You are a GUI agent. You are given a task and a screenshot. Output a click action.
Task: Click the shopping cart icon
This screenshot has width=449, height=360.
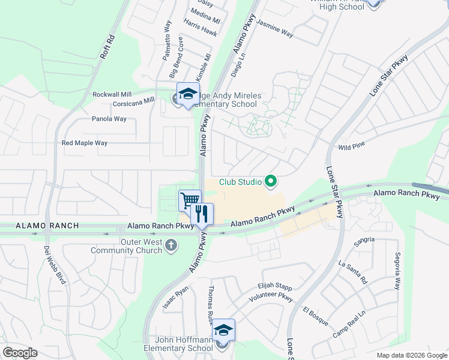[x=190, y=199]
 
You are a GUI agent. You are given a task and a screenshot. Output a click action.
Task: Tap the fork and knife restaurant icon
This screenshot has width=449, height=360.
[x=202, y=212]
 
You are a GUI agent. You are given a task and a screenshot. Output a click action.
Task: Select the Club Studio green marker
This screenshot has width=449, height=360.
[x=271, y=181]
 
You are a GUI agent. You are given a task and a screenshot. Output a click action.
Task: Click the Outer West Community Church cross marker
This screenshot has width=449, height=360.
[x=172, y=245]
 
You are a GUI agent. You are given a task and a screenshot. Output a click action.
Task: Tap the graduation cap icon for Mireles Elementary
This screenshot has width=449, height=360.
[x=188, y=93]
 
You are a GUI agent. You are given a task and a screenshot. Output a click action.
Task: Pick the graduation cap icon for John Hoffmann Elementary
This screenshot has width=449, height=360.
[x=223, y=329]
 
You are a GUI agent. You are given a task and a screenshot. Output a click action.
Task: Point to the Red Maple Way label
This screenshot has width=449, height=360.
[x=85, y=143]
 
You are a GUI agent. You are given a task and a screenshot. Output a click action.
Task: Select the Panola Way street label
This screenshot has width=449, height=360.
[x=109, y=119]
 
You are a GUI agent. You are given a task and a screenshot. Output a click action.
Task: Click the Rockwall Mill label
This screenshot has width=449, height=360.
[x=112, y=95]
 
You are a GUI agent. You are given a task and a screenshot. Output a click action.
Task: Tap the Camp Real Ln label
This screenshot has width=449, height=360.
[x=349, y=324]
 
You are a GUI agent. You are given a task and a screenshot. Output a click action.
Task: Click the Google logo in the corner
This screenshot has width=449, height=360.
[x=20, y=353]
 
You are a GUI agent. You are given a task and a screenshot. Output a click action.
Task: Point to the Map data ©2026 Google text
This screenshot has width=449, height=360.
[x=412, y=355]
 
